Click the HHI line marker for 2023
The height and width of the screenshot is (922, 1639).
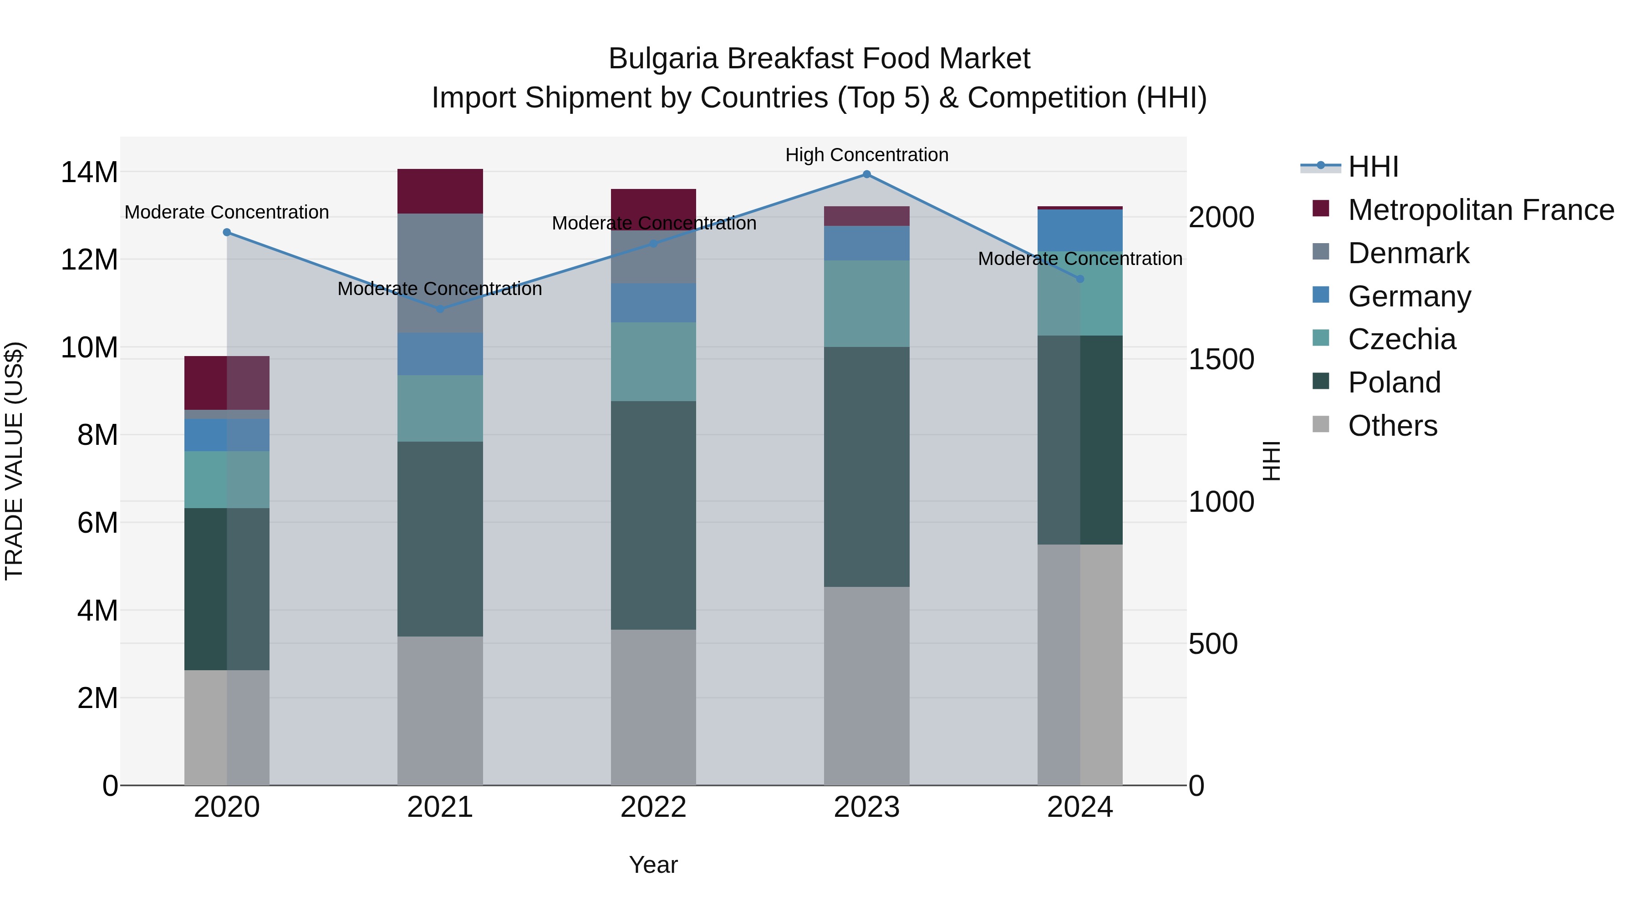866,174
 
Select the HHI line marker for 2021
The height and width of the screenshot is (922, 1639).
440,309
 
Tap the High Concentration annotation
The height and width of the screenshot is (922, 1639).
866,155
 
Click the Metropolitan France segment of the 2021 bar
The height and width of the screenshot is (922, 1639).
440,191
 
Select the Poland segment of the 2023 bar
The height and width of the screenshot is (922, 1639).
866,466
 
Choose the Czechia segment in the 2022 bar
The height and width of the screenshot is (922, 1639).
653,362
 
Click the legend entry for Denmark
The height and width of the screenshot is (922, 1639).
1408,253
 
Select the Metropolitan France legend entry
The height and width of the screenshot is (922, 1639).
1481,210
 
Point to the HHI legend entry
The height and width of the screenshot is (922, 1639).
1372,167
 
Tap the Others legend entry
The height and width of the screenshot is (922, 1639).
1392,426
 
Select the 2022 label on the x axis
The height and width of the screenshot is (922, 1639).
653,807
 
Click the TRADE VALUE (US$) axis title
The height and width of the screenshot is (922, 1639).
14,461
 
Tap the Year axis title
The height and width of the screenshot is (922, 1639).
653,865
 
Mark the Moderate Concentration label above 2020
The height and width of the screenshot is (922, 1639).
227,212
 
